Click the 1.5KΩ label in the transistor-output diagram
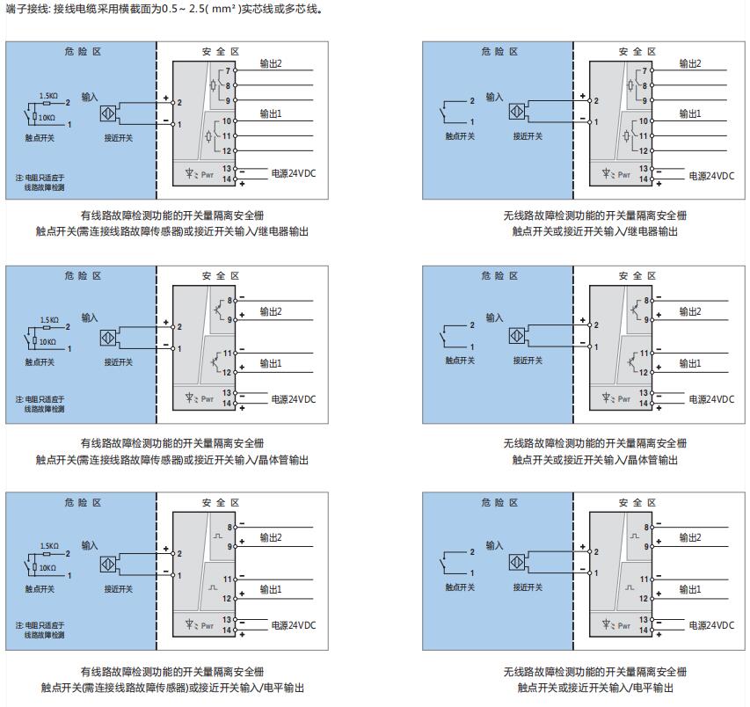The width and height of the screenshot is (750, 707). (49, 320)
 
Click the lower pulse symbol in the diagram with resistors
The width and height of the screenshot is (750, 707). (212, 587)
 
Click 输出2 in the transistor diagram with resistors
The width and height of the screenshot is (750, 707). (270, 311)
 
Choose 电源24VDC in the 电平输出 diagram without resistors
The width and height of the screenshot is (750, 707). (710, 625)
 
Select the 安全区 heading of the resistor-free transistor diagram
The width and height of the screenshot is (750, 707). (637, 276)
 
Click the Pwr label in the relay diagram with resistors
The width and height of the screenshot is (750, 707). (207, 174)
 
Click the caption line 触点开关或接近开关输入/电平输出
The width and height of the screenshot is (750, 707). (595, 688)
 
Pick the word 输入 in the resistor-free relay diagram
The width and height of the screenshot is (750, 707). (494, 97)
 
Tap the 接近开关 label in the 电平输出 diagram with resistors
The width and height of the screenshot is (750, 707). (118, 588)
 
